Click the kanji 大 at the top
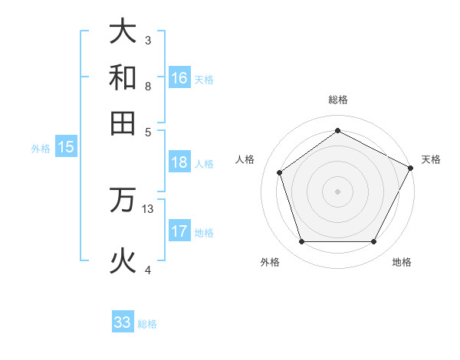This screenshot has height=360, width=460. pyautogui.click(x=123, y=32)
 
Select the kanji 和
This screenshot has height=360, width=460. pyautogui.click(x=123, y=77)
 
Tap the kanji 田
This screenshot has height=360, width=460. pyautogui.click(x=123, y=123)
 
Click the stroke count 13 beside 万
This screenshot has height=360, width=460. pyautogui.click(x=148, y=208)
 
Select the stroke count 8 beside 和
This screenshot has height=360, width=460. pyautogui.click(x=148, y=86)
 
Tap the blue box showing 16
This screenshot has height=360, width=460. pyautogui.click(x=179, y=78)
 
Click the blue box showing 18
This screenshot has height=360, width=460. pyautogui.click(x=179, y=162)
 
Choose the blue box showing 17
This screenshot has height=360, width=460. pyautogui.click(x=179, y=231)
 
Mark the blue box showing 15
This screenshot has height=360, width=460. pyautogui.click(x=66, y=147)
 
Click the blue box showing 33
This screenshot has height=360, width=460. pyautogui.click(x=123, y=322)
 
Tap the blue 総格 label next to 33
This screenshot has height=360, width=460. pyautogui.click(x=147, y=324)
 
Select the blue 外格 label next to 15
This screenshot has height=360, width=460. pyautogui.click(x=41, y=149)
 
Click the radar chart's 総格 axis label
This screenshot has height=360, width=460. pyautogui.click(x=337, y=100)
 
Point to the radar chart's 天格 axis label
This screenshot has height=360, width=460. pyautogui.click(x=431, y=159)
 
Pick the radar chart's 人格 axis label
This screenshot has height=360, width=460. pyautogui.click(x=245, y=159)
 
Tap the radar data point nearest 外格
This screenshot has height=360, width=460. pyautogui.click(x=301, y=242)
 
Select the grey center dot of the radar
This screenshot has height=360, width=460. pyautogui.click(x=337, y=191)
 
